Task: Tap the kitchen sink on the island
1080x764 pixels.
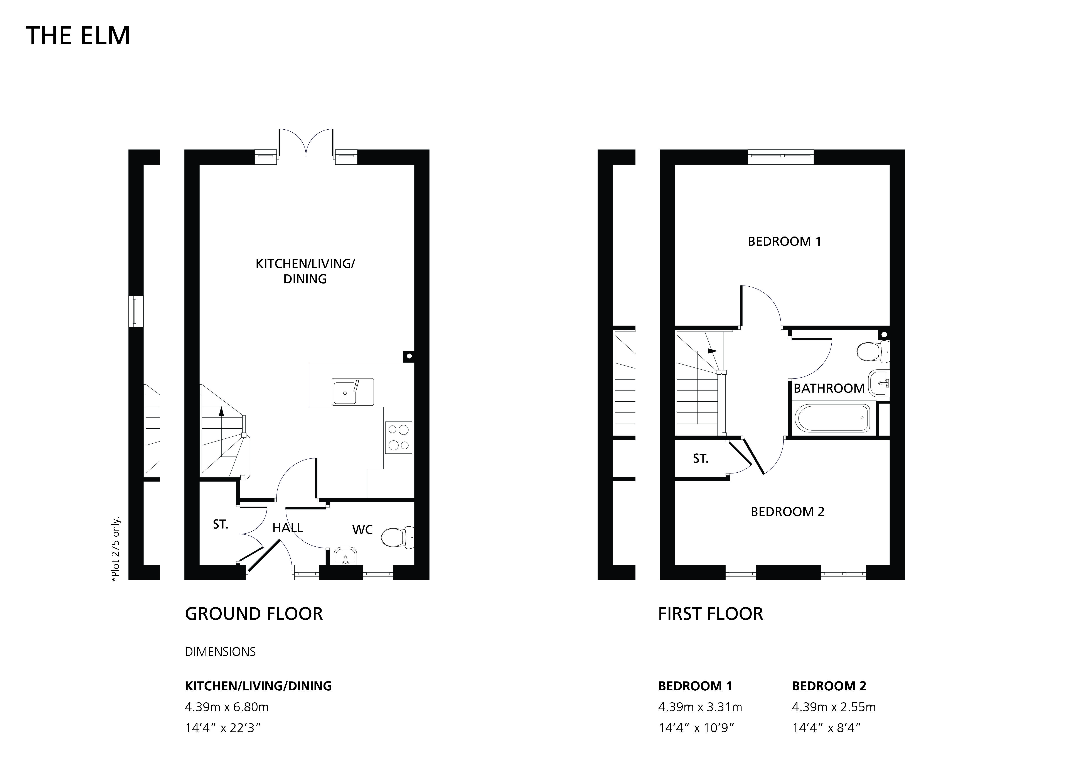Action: [x=353, y=391]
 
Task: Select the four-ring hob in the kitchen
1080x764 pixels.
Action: [x=398, y=438]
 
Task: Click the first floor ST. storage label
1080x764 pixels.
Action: [x=700, y=459]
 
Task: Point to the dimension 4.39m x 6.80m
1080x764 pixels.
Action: [x=227, y=707]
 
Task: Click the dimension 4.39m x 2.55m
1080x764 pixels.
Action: [x=834, y=707]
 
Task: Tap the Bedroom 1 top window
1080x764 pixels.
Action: [x=781, y=157]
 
